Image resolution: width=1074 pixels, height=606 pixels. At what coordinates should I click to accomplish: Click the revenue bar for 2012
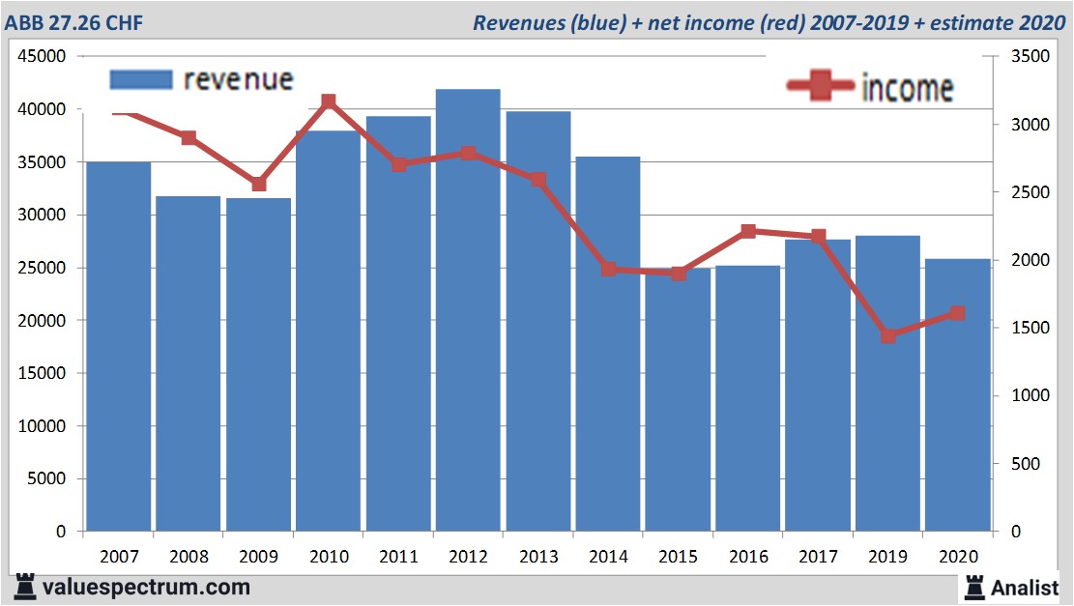pyautogui.click(x=468, y=309)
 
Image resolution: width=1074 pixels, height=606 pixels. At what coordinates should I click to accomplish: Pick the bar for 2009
pyautogui.click(x=258, y=364)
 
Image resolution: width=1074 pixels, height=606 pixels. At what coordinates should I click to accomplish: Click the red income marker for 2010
pyautogui.click(x=328, y=101)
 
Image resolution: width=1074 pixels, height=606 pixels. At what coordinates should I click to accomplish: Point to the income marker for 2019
pyautogui.click(x=887, y=336)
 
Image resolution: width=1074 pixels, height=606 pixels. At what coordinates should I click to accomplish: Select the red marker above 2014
pyautogui.click(x=608, y=270)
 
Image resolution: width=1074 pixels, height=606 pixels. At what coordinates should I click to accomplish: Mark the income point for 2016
pyautogui.click(x=747, y=232)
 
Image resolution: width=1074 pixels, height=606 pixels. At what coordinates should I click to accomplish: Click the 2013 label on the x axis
pyautogui.click(x=537, y=558)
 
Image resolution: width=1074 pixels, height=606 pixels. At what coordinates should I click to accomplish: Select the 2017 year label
pyautogui.click(x=817, y=558)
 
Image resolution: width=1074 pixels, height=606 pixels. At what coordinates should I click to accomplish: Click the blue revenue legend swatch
pyautogui.click(x=140, y=80)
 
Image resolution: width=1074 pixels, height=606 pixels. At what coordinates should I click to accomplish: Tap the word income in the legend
pyautogui.click(x=907, y=88)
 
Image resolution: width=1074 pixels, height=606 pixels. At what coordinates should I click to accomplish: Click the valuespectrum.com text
pyautogui.click(x=145, y=587)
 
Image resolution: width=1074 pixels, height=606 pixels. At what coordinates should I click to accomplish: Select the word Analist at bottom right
pyautogui.click(x=1024, y=587)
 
